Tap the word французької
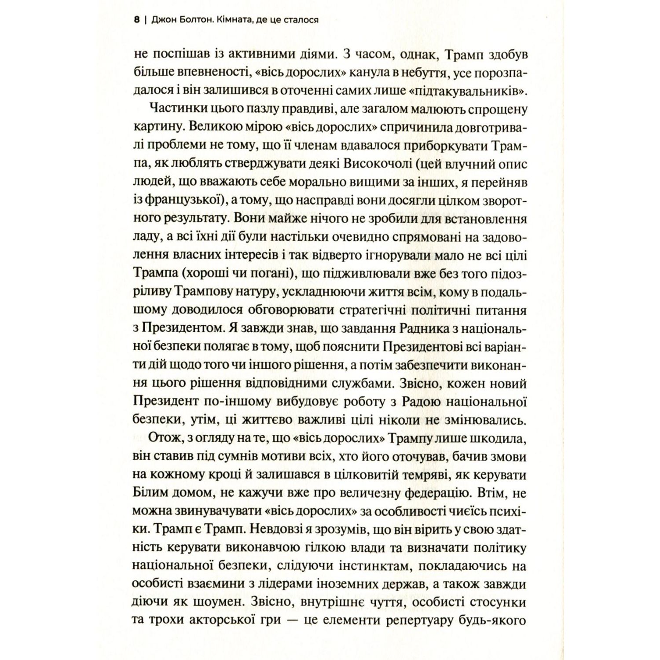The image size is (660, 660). (x=181, y=200)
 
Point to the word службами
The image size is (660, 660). (x=347, y=383)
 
